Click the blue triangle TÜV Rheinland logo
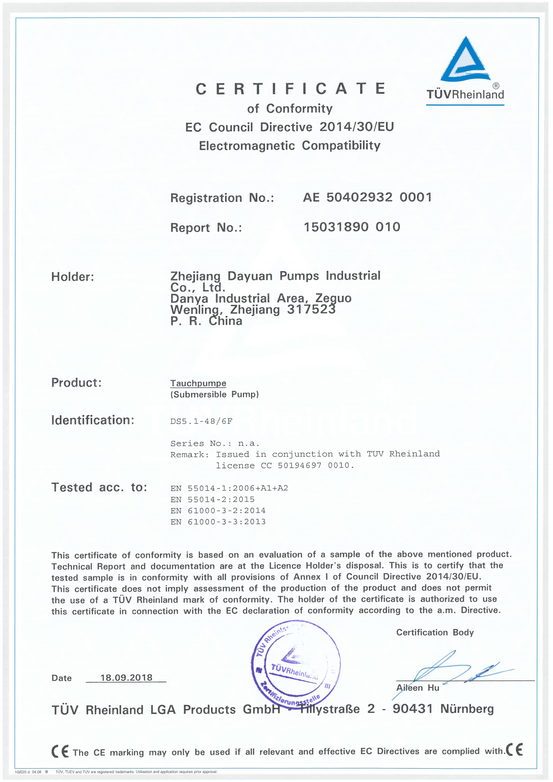click(x=465, y=60)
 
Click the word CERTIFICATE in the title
click(x=290, y=89)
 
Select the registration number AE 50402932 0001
click(x=368, y=197)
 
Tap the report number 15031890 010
click(x=352, y=227)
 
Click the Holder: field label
click(x=73, y=277)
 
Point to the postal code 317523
click(x=311, y=309)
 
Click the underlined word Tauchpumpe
click(x=198, y=383)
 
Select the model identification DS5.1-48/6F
click(x=201, y=421)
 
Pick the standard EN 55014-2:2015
click(x=212, y=499)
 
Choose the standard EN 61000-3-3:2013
click(x=218, y=521)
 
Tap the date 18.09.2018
click(x=126, y=677)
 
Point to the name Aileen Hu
click(x=417, y=687)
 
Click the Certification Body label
click(x=435, y=632)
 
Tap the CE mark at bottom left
click(x=60, y=751)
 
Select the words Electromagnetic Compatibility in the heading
click(x=289, y=145)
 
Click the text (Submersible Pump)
click(x=214, y=394)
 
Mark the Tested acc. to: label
click(x=99, y=487)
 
